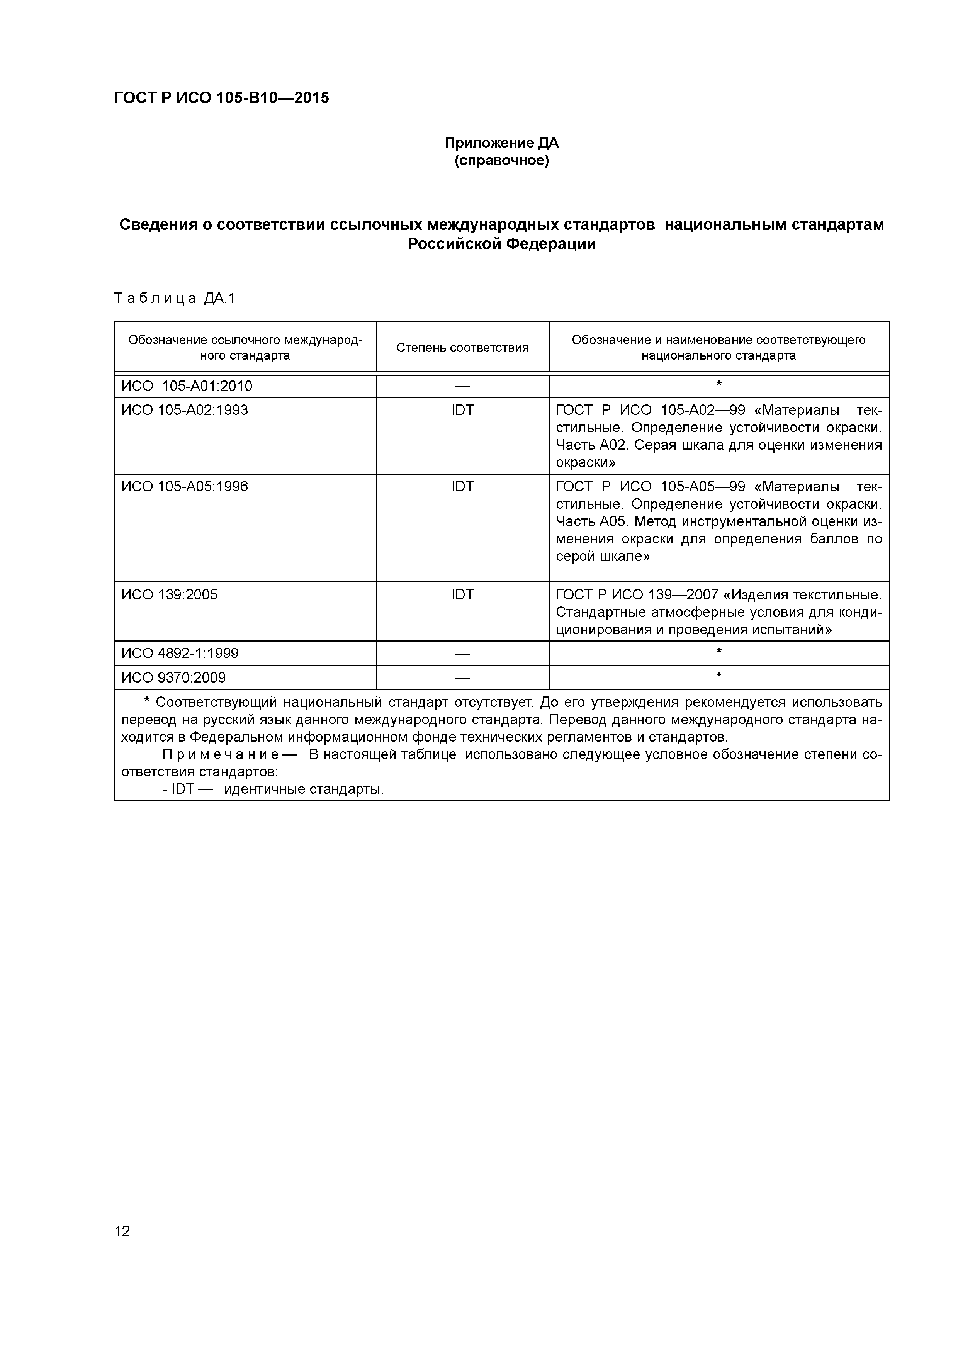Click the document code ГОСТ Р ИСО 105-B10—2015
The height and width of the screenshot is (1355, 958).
(x=221, y=98)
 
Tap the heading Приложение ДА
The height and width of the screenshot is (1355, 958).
(x=501, y=143)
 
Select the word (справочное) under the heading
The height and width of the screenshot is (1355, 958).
(x=501, y=161)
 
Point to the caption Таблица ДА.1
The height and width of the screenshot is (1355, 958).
(x=175, y=299)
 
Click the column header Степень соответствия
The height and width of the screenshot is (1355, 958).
(x=462, y=348)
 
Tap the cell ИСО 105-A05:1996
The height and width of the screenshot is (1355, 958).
(x=185, y=486)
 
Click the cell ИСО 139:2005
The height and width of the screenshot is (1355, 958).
(x=170, y=594)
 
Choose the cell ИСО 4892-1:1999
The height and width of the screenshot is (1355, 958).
(x=180, y=653)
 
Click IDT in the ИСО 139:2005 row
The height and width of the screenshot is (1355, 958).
(x=462, y=594)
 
